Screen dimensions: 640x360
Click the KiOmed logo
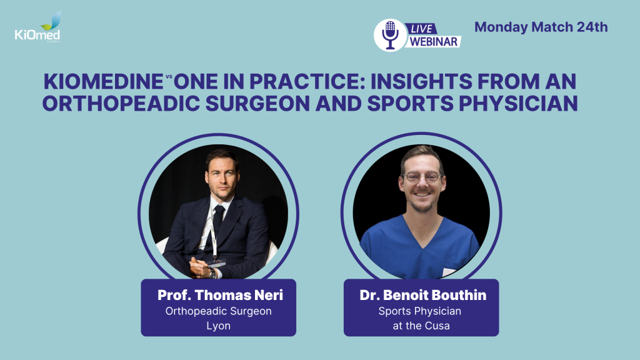click(x=37, y=27)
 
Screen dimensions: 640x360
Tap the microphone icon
click(x=390, y=35)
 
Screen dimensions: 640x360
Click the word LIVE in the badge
click(x=421, y=29)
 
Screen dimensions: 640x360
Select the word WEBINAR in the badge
click(x=434, y=42)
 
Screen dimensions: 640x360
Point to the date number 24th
click(x=592, y=27)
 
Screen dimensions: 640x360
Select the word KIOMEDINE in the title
click(x=104, y=81)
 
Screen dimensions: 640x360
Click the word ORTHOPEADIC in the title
click(x=121, y=103)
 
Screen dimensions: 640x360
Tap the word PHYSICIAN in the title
click(x=518, y=103)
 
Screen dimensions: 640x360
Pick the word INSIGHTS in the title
click(x=421, y=81)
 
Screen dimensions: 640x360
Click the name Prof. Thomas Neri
click(x=220, y=295)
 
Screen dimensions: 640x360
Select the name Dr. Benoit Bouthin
click(x=423, y=295)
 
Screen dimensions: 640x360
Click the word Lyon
click(x=218, y=326)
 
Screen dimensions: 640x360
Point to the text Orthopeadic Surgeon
click(x=218, y=311)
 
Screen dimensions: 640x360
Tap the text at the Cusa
click(x=421, y=326)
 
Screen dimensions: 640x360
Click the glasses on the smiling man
click(x=423, y=177)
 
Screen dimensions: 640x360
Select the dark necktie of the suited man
click(x=217, y=223)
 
